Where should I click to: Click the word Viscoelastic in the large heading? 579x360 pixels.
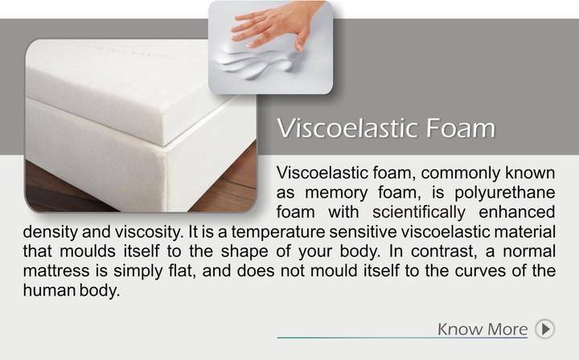click(347, 128)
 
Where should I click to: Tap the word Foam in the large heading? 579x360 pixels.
click(461, 128)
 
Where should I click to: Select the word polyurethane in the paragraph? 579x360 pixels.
click(505, 193)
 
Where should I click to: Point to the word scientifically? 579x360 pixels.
click(419, 212)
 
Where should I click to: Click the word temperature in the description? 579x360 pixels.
click(278, 232)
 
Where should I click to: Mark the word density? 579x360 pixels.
click(51, 232)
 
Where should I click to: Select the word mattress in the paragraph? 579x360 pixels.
click(56, 271)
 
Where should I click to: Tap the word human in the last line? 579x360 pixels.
click(49, 290)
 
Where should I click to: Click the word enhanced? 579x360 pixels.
click(517, 212)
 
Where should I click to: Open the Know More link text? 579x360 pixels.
click(482, 329)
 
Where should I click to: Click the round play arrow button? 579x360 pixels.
click(545, 329)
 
